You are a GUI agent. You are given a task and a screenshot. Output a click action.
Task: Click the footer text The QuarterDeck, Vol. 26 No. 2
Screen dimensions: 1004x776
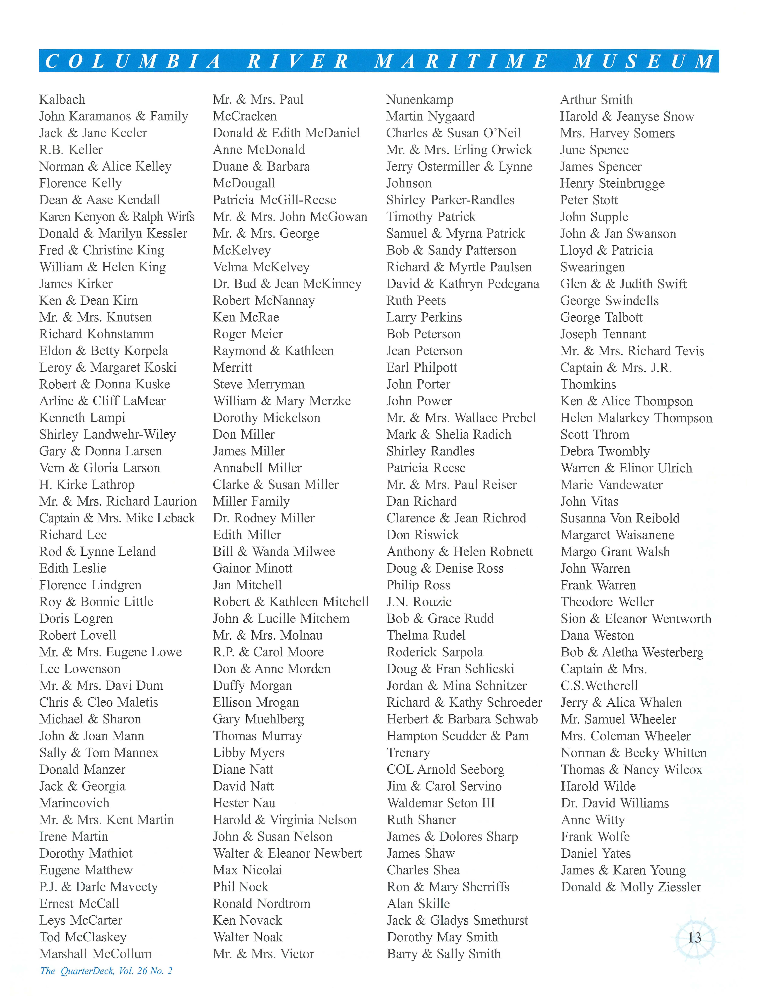pyautogui.click(x=106, y=970)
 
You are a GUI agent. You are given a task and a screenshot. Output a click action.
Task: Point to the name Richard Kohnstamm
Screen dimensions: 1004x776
pyautogui.click(x=97, y=334)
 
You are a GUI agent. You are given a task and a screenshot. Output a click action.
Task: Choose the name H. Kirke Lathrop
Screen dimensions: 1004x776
pyautogui.click(x=87, y=485)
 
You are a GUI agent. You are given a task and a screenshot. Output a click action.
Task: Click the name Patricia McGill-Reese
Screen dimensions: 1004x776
pyautogui.click(x=274, y=200)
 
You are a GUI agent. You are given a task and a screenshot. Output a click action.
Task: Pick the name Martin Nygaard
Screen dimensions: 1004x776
pyautogui.click(x=431, y=116)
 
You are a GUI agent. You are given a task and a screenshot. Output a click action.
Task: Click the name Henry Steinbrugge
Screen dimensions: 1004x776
pyautogui.click(x=612, y=183)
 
